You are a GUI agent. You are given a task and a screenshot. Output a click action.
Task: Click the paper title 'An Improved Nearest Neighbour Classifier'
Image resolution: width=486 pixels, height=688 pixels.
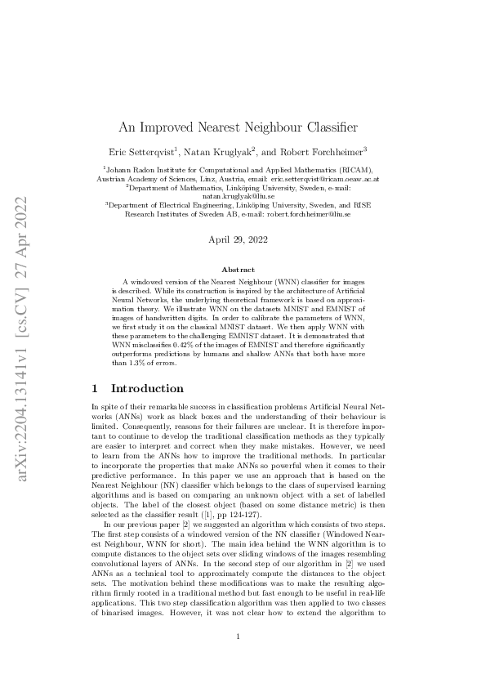tap(243, 127)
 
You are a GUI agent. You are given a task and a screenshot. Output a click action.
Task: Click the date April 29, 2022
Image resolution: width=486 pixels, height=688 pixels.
tap(243, 239)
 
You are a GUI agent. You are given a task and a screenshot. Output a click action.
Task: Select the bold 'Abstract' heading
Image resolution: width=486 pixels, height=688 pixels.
tap(243, 270)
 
